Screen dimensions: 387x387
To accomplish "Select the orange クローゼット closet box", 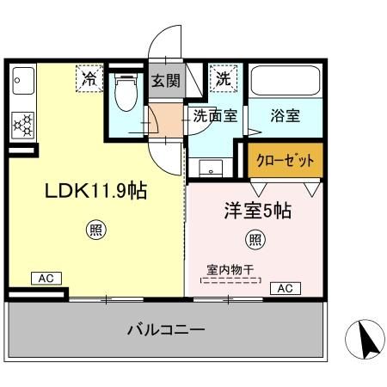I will click(286, 161).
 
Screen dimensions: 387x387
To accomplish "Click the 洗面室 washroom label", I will click(215, 117).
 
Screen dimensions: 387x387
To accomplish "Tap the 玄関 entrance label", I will click(166, 82).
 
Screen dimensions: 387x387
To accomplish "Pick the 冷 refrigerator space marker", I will click(89, 78).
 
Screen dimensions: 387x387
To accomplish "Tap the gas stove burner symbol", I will click(22, 126).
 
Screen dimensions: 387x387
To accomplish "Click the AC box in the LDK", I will click(46, 278).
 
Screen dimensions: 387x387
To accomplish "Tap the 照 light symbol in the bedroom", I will click(255, 238).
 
